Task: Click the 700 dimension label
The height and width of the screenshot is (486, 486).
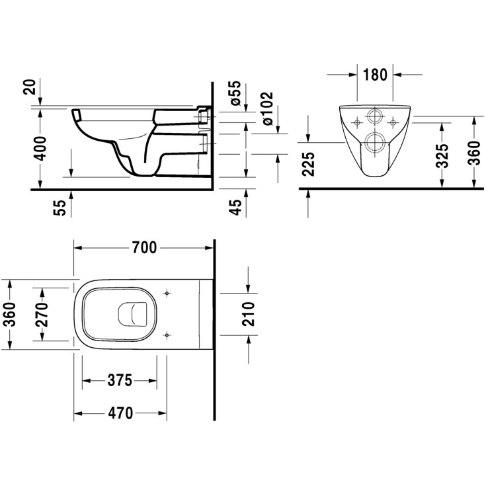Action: pos(144,247)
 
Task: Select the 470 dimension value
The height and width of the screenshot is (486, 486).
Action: pos(120,413)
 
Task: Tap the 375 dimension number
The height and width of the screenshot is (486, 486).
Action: pos(120,380)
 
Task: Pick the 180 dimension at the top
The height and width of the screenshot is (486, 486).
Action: pos(374,74)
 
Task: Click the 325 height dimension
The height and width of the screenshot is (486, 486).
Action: pos(443,154)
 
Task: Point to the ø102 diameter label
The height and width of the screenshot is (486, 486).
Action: pos(268,108)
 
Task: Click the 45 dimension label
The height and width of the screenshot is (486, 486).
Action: pos(235,206)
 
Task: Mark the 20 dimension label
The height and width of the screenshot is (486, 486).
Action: pos(28,87)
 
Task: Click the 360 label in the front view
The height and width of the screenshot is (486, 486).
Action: pos(473,153)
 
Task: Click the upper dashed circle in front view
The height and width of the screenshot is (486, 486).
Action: pos(375,117)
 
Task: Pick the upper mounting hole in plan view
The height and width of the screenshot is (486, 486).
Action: pos(167,293)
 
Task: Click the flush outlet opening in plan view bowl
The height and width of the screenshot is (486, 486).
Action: pos(132,314)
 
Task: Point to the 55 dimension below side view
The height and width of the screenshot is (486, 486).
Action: pos(60,207)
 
